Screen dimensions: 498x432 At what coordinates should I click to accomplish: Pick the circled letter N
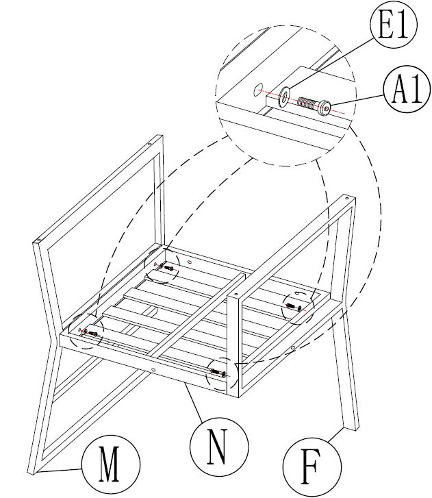click(217, 443)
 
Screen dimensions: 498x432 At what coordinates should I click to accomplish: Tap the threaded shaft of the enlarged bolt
click(309, 104)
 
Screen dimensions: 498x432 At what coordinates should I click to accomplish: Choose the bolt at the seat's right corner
click(295, 306)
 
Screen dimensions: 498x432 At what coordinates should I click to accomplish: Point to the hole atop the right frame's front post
click(236, 295)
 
